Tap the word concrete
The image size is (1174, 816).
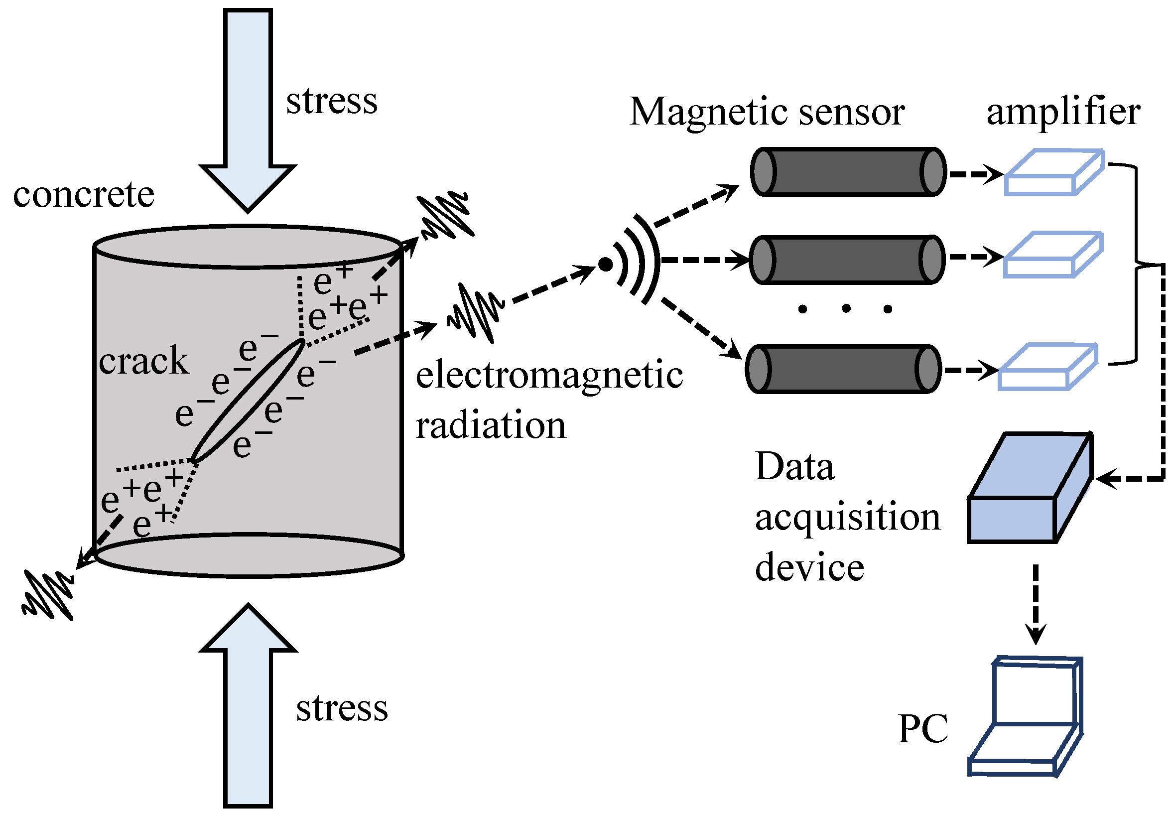pos(83,195)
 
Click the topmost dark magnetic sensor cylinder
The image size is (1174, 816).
pos(847,172)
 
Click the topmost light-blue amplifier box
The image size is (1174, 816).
pos(1053,172)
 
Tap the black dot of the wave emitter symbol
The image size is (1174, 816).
pos(605,265)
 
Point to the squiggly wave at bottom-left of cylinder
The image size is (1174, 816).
pos(48,596)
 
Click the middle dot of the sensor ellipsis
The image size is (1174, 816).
pos(846,308)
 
